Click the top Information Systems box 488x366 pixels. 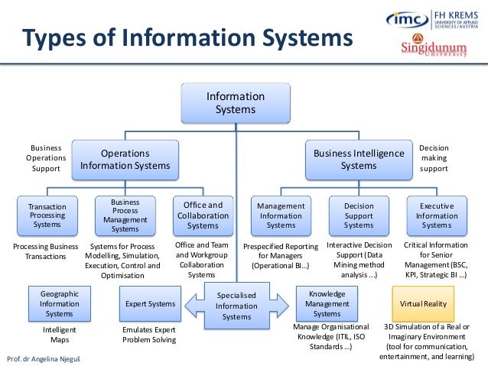pos(236,103)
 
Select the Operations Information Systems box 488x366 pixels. pos(125,159)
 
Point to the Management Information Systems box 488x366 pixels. pos(281,215)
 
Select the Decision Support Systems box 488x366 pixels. pos(359,215)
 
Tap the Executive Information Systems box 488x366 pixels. pos(437,215)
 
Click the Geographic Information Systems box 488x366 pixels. pos(59,303)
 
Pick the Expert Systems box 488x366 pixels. pos(150,304)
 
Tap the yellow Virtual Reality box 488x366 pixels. pos(424,303)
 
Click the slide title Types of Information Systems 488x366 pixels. pos(187,37)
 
